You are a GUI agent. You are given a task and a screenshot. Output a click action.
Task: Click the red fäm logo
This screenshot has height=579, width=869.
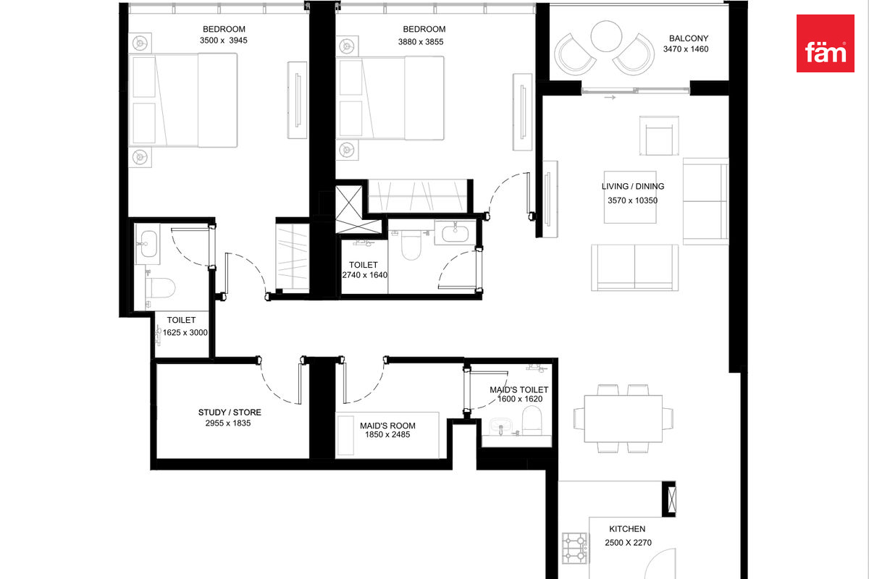(x=825, y=43)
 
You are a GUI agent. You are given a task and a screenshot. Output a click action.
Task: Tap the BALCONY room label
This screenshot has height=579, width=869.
(x=689, y=38)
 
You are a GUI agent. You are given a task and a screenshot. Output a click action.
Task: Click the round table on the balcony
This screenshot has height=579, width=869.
(x=606, y=36)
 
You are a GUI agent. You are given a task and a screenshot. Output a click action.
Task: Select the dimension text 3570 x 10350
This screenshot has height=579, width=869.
(x=632, y=200)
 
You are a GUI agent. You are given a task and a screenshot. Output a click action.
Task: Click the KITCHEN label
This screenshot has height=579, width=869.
(x=627, y=529)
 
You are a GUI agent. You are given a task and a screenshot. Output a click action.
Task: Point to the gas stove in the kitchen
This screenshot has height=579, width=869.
(x=575, y=548)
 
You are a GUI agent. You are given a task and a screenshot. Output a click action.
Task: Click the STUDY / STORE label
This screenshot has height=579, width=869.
(x=230, y=413)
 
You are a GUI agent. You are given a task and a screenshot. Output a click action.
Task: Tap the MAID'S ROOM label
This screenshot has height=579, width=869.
(x=387, y=426)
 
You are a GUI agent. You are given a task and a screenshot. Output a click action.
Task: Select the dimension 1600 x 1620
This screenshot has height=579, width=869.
(x=520, y=399)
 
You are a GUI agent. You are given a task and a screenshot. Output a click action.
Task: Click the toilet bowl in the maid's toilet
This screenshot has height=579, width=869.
(x=532, y=420)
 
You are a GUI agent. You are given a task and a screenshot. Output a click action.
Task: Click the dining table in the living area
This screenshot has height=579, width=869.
(x=623, y=418)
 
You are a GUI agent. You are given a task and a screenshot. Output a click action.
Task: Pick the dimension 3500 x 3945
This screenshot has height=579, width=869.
(x=224, y=41)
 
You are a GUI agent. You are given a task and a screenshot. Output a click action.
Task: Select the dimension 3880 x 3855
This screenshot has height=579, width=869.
(x=421, y=42)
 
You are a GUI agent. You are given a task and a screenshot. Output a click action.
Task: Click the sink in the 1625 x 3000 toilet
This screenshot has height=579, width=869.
(x=148, y=244)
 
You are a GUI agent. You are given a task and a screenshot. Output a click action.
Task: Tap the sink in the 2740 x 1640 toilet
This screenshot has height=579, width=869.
(x=455, y=232)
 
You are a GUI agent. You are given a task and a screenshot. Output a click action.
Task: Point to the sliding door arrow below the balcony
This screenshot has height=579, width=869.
(x=610, y=97)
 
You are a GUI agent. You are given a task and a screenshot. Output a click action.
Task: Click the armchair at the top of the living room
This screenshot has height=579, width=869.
(x=659, y=135)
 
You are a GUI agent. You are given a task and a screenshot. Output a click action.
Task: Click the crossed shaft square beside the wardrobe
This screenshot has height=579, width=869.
(x=349, y=210)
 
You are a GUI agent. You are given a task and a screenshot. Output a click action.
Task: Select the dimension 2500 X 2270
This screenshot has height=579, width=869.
(x=628, y=543)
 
